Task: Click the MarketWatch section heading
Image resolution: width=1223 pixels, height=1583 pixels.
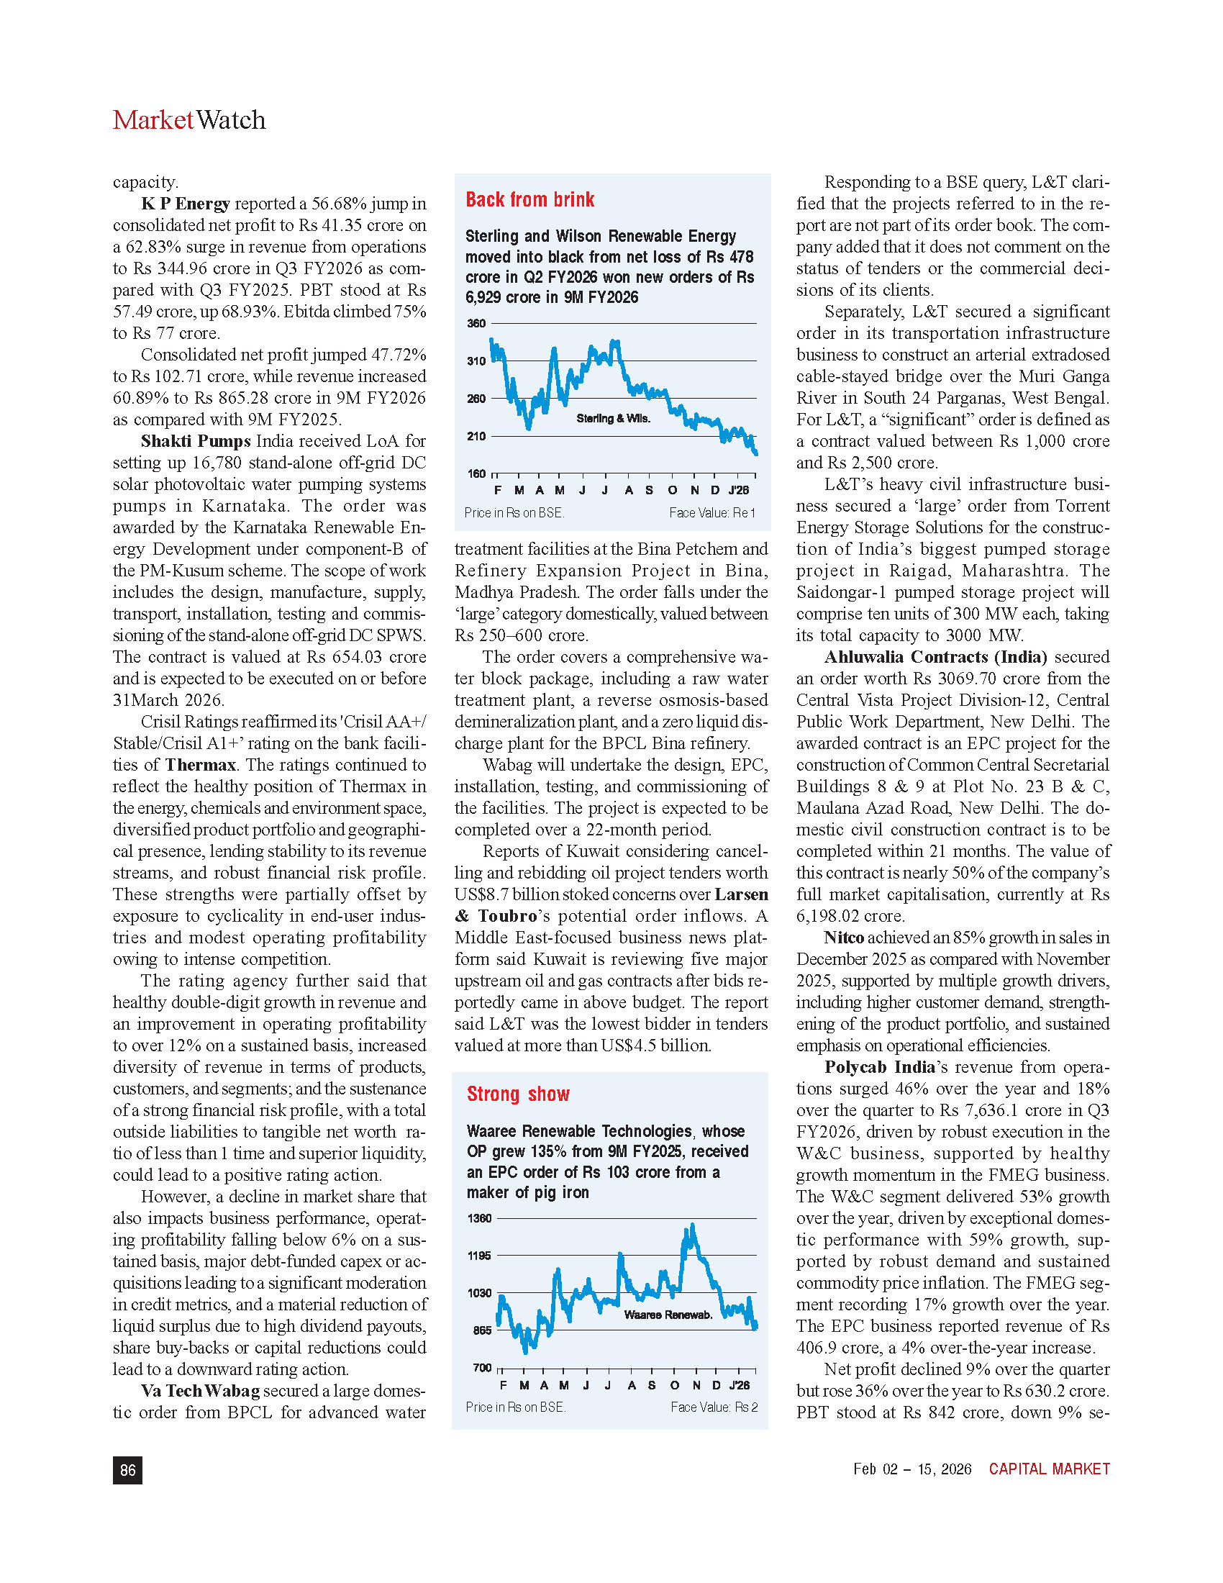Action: tap(189, 120)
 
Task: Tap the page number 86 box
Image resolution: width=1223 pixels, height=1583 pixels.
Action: tap(127, 1470)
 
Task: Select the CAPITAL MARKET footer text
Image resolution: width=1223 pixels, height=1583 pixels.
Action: tap(1049, 1469)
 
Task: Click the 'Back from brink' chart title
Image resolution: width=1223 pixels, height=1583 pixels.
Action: tap(529, 200)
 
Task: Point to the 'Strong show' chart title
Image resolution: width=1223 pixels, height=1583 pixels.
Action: tap(518, 1094)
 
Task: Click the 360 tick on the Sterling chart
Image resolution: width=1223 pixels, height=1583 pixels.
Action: tap(476, 323)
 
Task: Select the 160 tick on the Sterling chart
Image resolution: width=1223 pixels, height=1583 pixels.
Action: tap(476, 474)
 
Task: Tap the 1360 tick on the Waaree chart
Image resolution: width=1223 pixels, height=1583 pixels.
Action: tap(479, 1218)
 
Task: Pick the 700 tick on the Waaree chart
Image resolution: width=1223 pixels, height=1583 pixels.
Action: tap(482, 1368)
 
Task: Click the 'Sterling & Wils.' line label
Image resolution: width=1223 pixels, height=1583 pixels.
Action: tap(613, 419)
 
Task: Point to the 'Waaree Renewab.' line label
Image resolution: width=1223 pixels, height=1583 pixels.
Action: tap(668, 1315)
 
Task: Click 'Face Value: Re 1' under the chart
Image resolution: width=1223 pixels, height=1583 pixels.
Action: tap(711, 513)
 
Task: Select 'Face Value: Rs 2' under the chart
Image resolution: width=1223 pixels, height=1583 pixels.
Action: tap(714, 1407)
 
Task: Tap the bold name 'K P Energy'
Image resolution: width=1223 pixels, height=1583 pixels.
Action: tap(186, 204)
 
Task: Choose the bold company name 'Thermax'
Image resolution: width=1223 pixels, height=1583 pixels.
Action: tap(201, 766)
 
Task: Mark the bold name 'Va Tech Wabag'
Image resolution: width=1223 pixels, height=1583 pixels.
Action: tap(200, 1391)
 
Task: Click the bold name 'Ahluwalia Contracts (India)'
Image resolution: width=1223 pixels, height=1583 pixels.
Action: tap(935, 658)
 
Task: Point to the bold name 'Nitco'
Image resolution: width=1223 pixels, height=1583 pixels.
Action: tap(844, 938)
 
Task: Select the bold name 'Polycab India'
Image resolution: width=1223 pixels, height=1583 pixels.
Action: tap(879, 1068)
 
